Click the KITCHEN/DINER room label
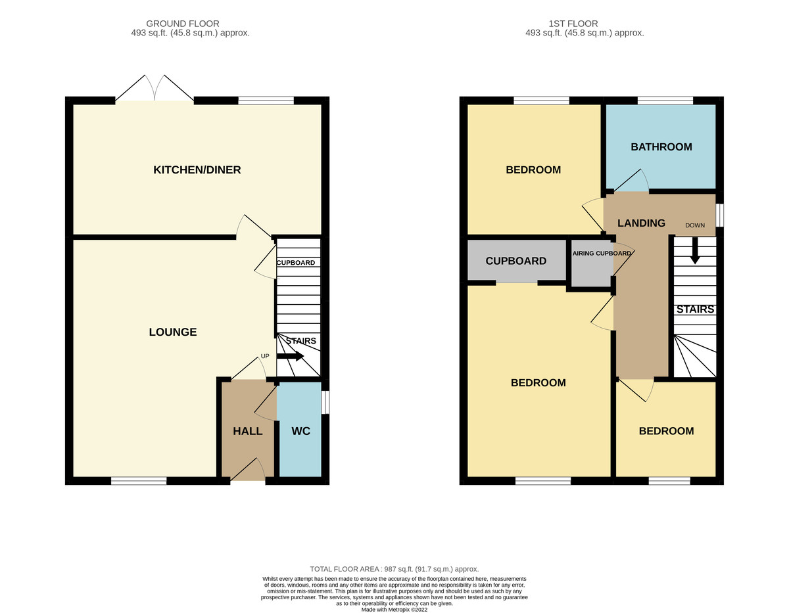[197, 170]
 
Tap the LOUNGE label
[173, 332]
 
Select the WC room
[300, 429]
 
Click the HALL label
[248, 431]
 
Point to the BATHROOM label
[661, 147]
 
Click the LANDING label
[641, 223]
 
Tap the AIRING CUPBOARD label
[602, 253]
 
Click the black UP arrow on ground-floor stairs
[290, 356]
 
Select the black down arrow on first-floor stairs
[695, 250]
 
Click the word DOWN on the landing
[695, 225]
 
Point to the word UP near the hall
[265, 356]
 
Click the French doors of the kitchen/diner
[155, 88]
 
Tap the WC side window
[325, 401]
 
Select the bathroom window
[665, 101]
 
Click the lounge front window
[139, 480]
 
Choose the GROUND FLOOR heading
[183, 24]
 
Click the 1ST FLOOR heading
[573, 24]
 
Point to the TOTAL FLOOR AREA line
[394, 569]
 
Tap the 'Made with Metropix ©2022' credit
[394, 610]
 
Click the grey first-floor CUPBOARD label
[516, 261]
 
